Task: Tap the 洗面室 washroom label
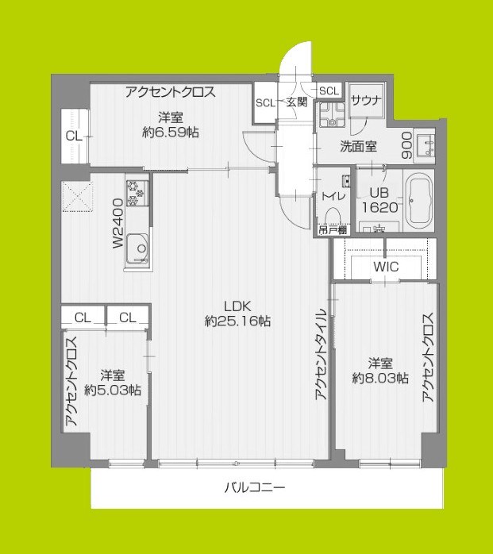tap(358, 146)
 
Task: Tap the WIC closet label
tap(386, 267)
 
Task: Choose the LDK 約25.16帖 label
tap(237, 314)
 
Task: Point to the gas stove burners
tap(136, 191)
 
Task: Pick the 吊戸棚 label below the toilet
tap(332, 230)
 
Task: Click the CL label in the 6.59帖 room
tap(73, 137)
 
